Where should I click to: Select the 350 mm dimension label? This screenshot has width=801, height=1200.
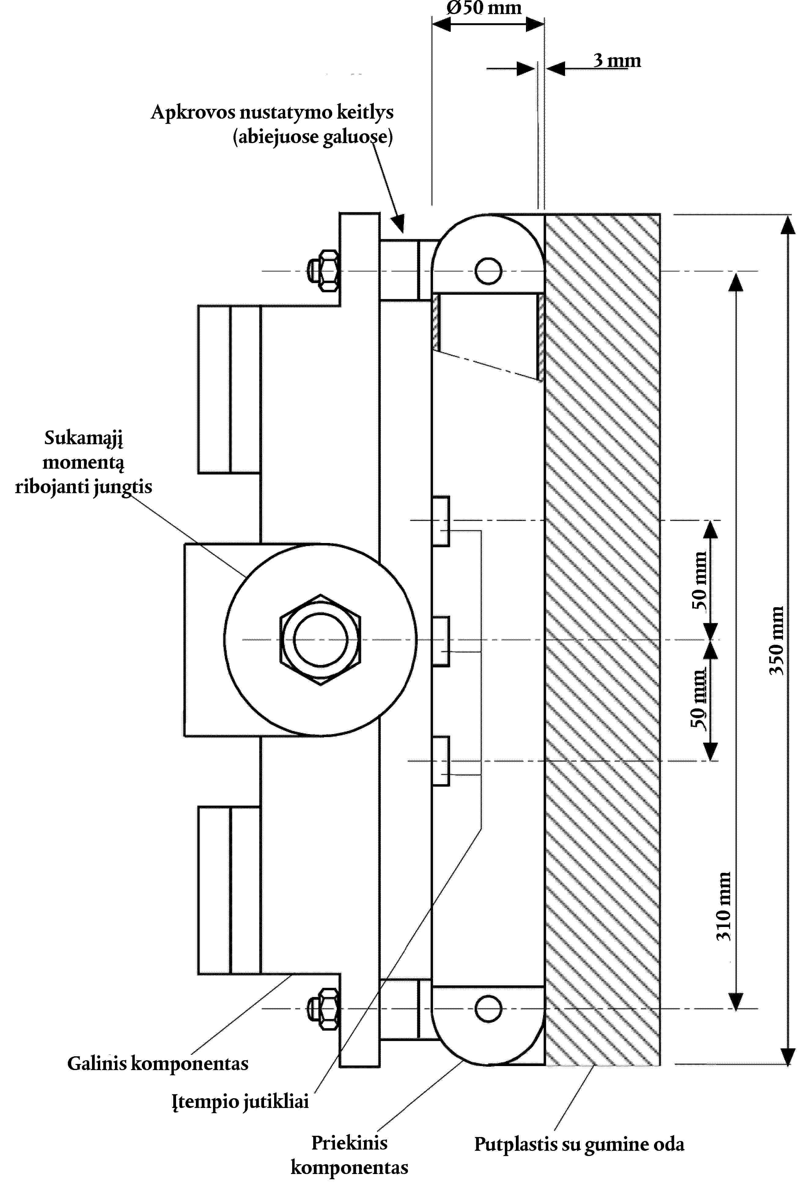click(776, 641)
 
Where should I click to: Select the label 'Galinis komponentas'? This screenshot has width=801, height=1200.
click(158, 1064)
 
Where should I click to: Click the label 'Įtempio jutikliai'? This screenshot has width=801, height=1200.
click(240, 1101)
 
